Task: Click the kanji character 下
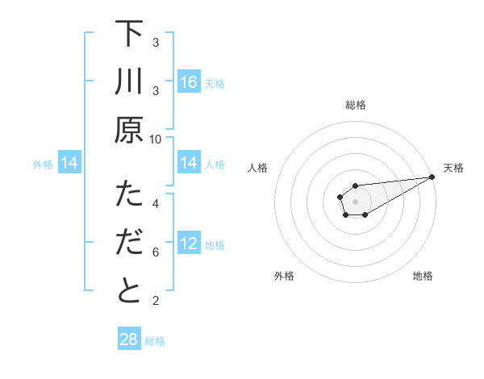[129, 35]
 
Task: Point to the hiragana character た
[129, 196]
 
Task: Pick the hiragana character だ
[129, 244]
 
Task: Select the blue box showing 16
[189, 82]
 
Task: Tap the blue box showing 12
[189, 244]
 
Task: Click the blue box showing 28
[129, 339]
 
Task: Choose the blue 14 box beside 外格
[69, 164]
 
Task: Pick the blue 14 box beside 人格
[189, 164]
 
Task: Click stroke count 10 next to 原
[156, 139]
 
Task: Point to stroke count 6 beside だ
[156, 252]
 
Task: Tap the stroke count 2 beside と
[156, 301]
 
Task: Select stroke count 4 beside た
[156, 203]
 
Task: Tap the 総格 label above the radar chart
[356, 105]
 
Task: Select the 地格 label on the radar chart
[423, 276]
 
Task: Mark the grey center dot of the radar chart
[356, 201]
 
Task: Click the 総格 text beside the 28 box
[155, 340]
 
